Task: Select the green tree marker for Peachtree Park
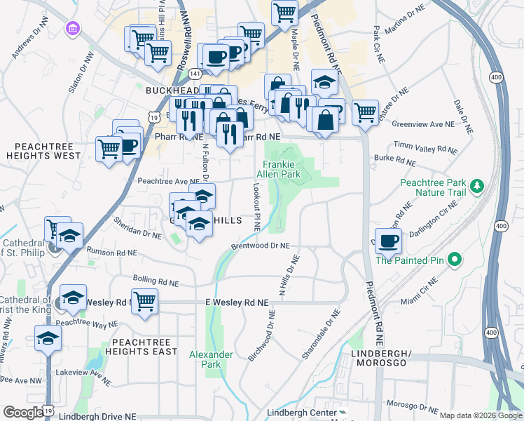click(x=478, y=186)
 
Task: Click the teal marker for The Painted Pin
click(x=455, y=260)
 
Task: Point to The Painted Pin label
click(x=411, y=260)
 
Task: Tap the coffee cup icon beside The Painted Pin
click(x=389, y=242)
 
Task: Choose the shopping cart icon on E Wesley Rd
click(x=144, y=302)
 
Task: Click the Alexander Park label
click(x=211, y=359)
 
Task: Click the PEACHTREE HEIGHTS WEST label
click(x=44, y=150)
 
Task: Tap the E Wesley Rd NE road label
click(x=237, y=302)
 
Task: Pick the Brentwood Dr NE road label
click(x=260, y=246)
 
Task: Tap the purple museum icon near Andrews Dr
click(x=72, y=29)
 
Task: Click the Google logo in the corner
click(x=22, y=413)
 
